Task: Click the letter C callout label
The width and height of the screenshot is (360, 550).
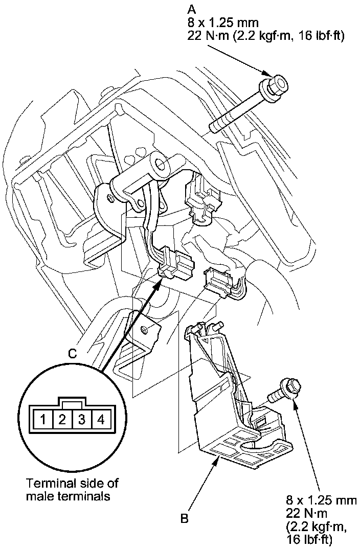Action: [72, 354]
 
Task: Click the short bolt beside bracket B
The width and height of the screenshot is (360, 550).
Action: [284, 391]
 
